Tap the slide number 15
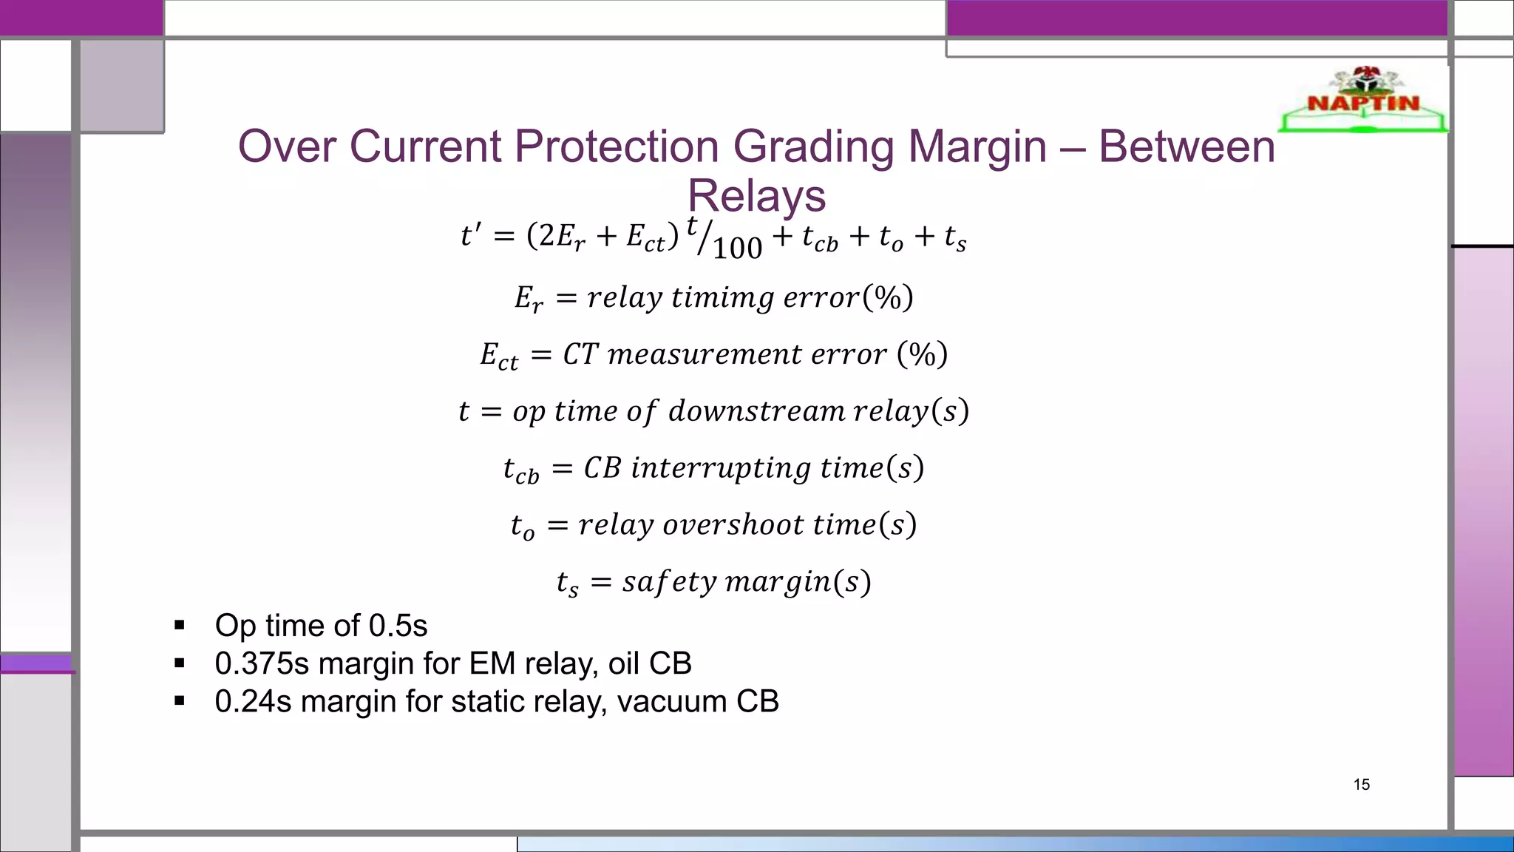pyautogui.click(x=1361, y=785)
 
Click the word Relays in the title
pyautogui.click(x=756, y=196)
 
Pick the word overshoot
pyautogui.click(x=733, y=524)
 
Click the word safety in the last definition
pyautogui.click(x=669, y=582)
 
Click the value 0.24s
pyautogui.click(x=253, y=701)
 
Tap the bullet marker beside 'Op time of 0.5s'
pyautogui.click(x=179, y=626)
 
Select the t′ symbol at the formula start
pyautogui.click(x=470, y=236)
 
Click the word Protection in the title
pyautogui.click(x=617, y=146)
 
